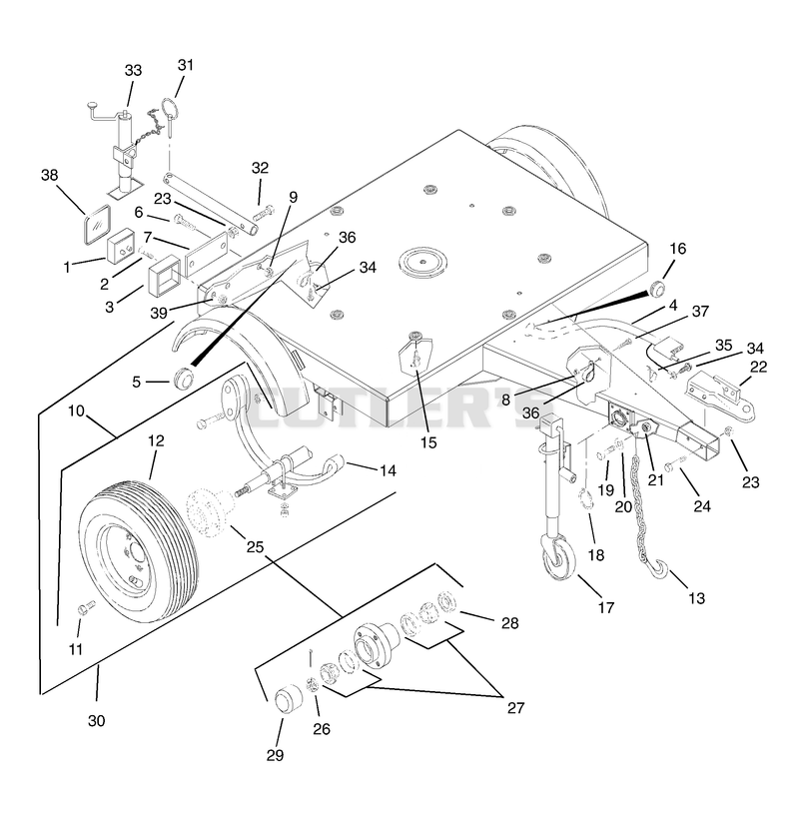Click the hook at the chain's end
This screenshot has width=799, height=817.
click(x=658, y=569)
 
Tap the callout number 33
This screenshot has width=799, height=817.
click(x=133, y=70)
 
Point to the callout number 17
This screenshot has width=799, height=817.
click(x=605, y=607)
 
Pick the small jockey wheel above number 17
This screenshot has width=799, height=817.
click(x=558, y=558)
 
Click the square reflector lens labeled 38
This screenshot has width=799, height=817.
click(x=98, y=224)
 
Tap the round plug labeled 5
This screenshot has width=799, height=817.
click(x=183, y=378)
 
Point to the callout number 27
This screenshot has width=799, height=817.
click(x=515, y=708)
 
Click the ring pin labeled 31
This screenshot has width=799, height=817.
click(x=170, y=117)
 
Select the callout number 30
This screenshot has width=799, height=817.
click(x=97, y=720)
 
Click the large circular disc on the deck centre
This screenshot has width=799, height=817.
click(x=422, y=260)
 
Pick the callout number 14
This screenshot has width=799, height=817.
click(x=388, y=470)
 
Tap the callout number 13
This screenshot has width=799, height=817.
click(x=696, y=598)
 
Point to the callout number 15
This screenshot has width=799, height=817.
click(x=428, y=442)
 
